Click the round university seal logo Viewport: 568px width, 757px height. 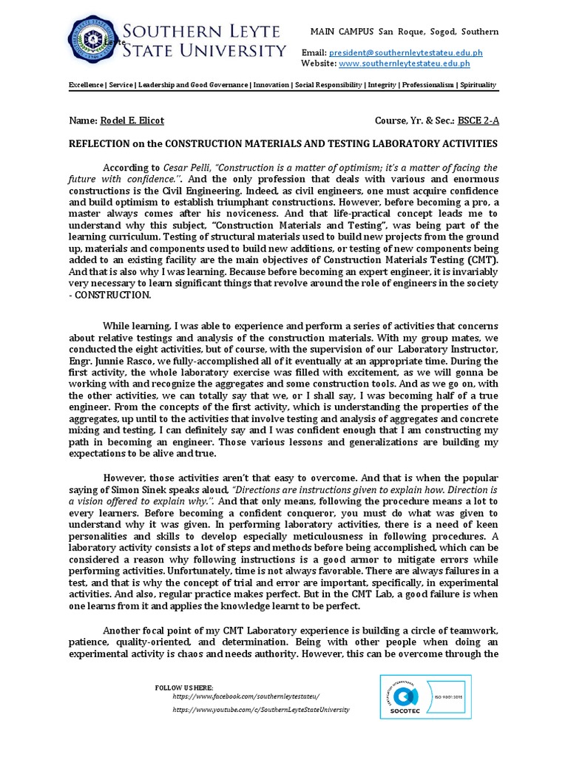[x=92, y=41]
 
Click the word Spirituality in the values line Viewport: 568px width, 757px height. [x=478, y=86]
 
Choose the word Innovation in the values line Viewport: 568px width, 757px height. [x=271, y=86]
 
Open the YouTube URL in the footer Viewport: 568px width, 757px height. [x=260, y=710]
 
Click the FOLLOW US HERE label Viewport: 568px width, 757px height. [x=184, y=688]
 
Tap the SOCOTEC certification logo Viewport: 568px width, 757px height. [x=404, y=699]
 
